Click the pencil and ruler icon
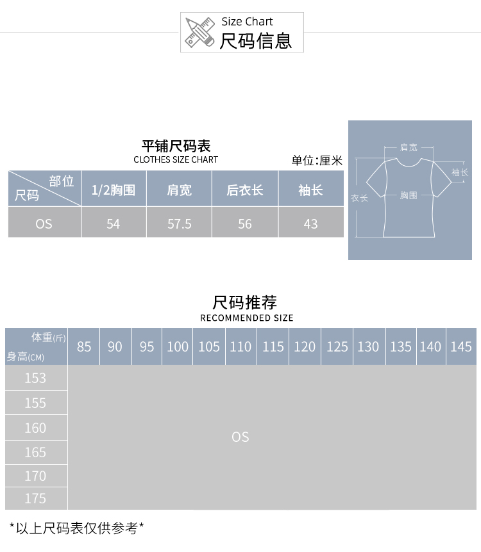tap(199, 33)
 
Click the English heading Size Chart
tap(247, 22)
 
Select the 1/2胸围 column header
tap(114, 190)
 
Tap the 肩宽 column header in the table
tap(179, 190)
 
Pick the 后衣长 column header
tap(244, 190)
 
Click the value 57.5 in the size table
tap(179, 224)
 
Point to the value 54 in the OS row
tap(114, 224)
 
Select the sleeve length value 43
tap(310, 224)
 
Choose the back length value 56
tap(244, 224)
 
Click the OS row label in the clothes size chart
tap(44, 224)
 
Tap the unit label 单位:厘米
tap(317, 161)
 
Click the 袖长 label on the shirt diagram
tap(460, 172)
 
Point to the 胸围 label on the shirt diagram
tap(409, 195)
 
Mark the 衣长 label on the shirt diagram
tap(359, 199)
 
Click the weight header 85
tap(84, 346)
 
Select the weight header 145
tap(461, 346)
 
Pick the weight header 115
tap(273, 346)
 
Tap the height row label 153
tap(35, 378)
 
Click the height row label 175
tap(35, 498)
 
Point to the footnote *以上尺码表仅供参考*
tap(76, 528)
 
